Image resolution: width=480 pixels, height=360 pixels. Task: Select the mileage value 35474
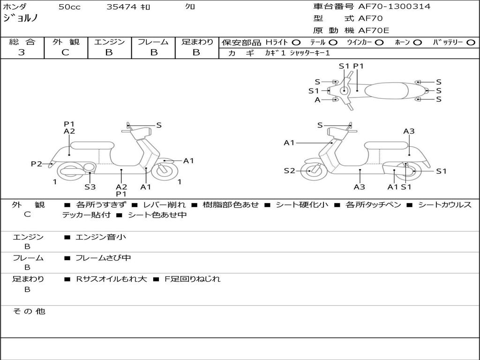121,7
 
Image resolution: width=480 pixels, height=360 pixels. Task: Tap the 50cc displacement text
69,7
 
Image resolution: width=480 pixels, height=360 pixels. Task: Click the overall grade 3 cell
22,52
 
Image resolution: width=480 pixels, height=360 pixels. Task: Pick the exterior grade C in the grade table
66,52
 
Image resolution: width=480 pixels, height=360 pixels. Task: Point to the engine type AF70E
374,30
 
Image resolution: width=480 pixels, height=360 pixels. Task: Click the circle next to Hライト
296,42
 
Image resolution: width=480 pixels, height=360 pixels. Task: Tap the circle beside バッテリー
471,42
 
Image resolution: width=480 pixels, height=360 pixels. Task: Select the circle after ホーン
417,42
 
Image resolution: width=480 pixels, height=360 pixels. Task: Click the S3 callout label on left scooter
90,187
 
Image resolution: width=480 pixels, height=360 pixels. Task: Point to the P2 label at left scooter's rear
37,164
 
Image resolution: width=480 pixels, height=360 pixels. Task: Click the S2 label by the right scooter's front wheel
289,171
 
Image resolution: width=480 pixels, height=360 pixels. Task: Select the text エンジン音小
101,237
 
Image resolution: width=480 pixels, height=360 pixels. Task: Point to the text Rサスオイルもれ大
112,279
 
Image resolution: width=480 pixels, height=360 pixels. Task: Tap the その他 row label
29,311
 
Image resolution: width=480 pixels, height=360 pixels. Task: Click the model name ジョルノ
21,18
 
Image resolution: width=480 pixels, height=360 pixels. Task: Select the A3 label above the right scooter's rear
409,131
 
